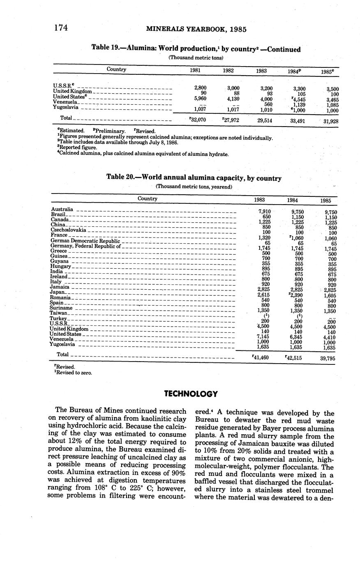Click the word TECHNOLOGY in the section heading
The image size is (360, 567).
[x=191, y=394]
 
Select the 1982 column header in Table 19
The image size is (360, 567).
[x=228, y=70]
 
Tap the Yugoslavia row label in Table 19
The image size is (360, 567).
[x=66, y=107]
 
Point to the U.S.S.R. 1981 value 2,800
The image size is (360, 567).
[x=200, y=88]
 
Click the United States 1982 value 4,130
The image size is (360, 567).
[x=233, y=99]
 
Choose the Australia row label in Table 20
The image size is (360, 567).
[x=62, y=209]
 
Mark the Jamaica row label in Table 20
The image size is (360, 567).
[x=60, y=287]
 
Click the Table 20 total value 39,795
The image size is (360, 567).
[x=328, y=358]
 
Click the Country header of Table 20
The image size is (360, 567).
[x=148, y=198]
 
